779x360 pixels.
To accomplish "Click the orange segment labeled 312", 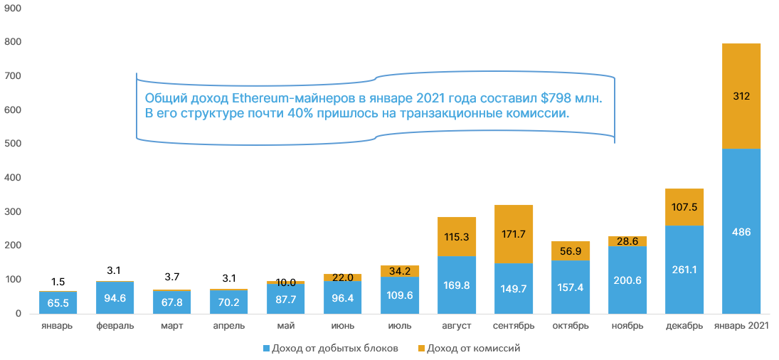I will [741, 96].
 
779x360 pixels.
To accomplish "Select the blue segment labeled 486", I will [741, 231].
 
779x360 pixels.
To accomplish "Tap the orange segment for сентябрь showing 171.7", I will [513, 234].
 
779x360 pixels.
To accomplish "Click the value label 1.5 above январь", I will [58, 281].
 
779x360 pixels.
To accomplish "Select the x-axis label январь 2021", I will [741, 326].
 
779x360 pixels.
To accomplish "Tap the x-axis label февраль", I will [115, 326].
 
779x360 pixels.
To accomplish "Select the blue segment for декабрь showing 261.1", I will [684, 270].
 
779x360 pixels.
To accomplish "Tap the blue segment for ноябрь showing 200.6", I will [627, 280].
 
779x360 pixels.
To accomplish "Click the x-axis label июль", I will [399, 326].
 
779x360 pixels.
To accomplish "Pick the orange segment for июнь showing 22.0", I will [342, 277].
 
